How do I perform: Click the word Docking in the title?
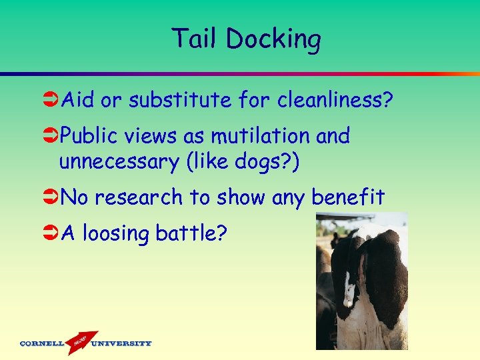(x=273, y=39)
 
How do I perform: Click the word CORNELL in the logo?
(x=41, y=344)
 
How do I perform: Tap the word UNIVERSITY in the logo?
(x=121, y=344)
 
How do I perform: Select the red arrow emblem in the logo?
(x=81, y=341)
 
